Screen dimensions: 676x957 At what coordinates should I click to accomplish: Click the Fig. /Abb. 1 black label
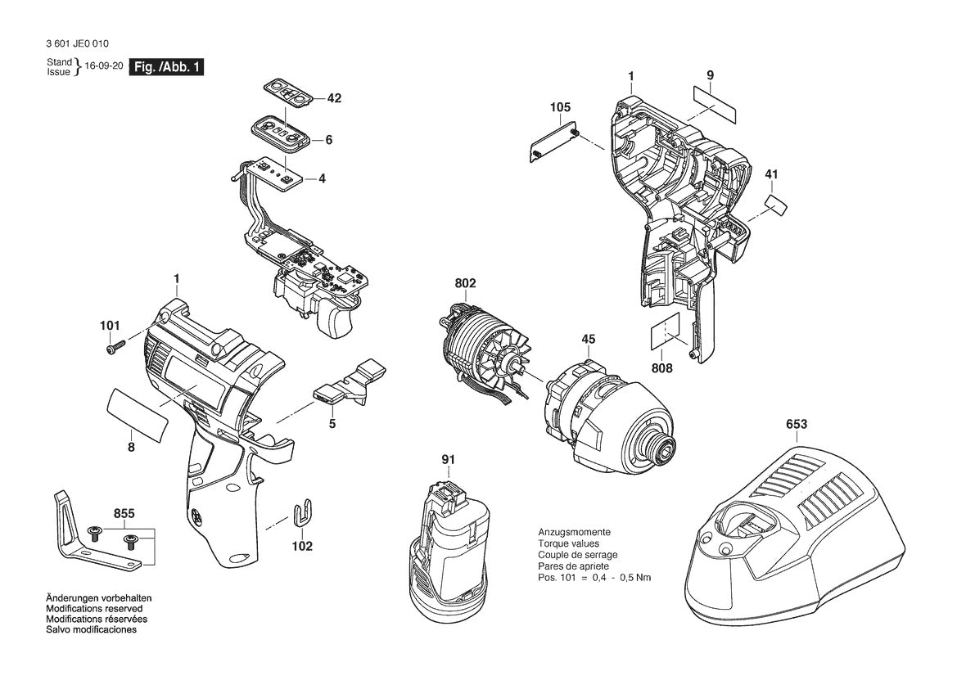167,67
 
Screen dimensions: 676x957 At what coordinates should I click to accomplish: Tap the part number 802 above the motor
465,284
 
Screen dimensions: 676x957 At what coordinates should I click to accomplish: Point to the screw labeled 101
114,348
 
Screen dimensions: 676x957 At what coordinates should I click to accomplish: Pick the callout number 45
589,339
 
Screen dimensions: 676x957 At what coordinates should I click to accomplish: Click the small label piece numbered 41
775,205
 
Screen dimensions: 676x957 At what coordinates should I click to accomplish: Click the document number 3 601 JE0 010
77,44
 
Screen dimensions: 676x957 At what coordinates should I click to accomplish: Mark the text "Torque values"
568,543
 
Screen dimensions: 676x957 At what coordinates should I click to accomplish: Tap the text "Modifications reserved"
94,609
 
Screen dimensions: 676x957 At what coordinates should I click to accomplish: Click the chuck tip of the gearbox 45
664,448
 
